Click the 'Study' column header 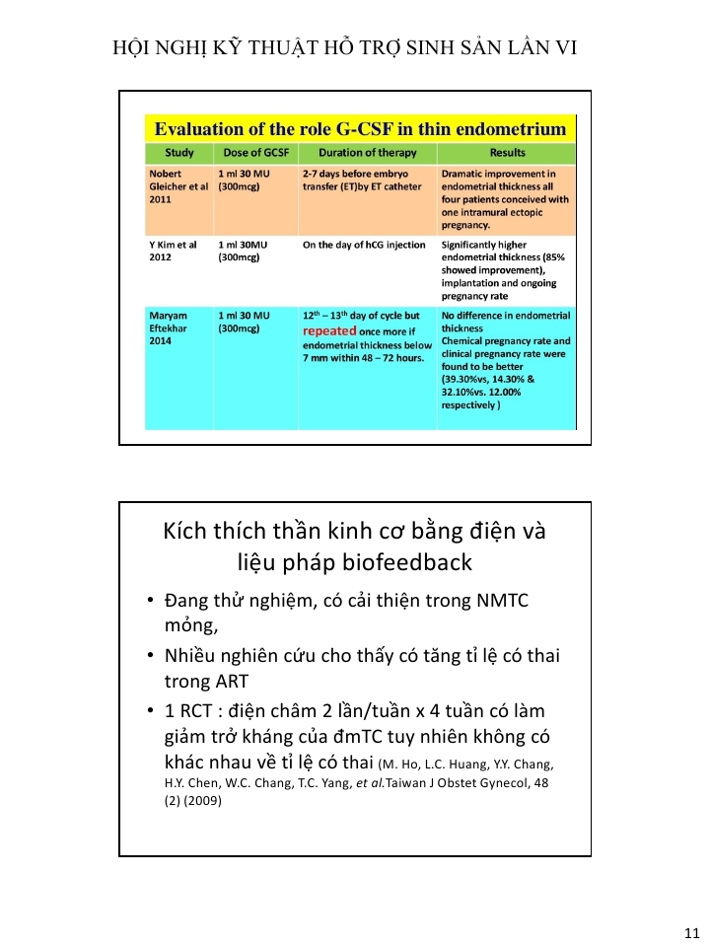[178, 153]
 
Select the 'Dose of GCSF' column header [255, 153]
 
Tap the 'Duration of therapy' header [367, 153]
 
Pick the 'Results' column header [507, 153]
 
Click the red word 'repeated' [328, 331]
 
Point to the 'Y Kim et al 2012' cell [174, 251]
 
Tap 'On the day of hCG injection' [364, 245]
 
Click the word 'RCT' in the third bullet [196, 710]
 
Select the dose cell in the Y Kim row [243, 251]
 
